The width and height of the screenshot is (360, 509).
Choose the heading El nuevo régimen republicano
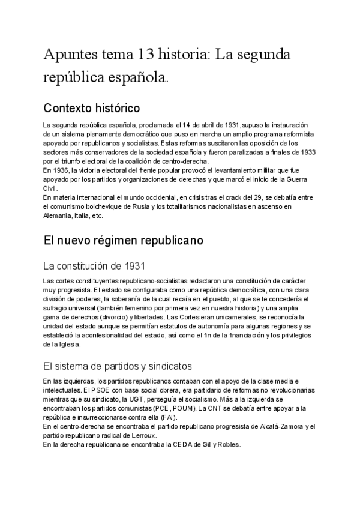tap(124, 240)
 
